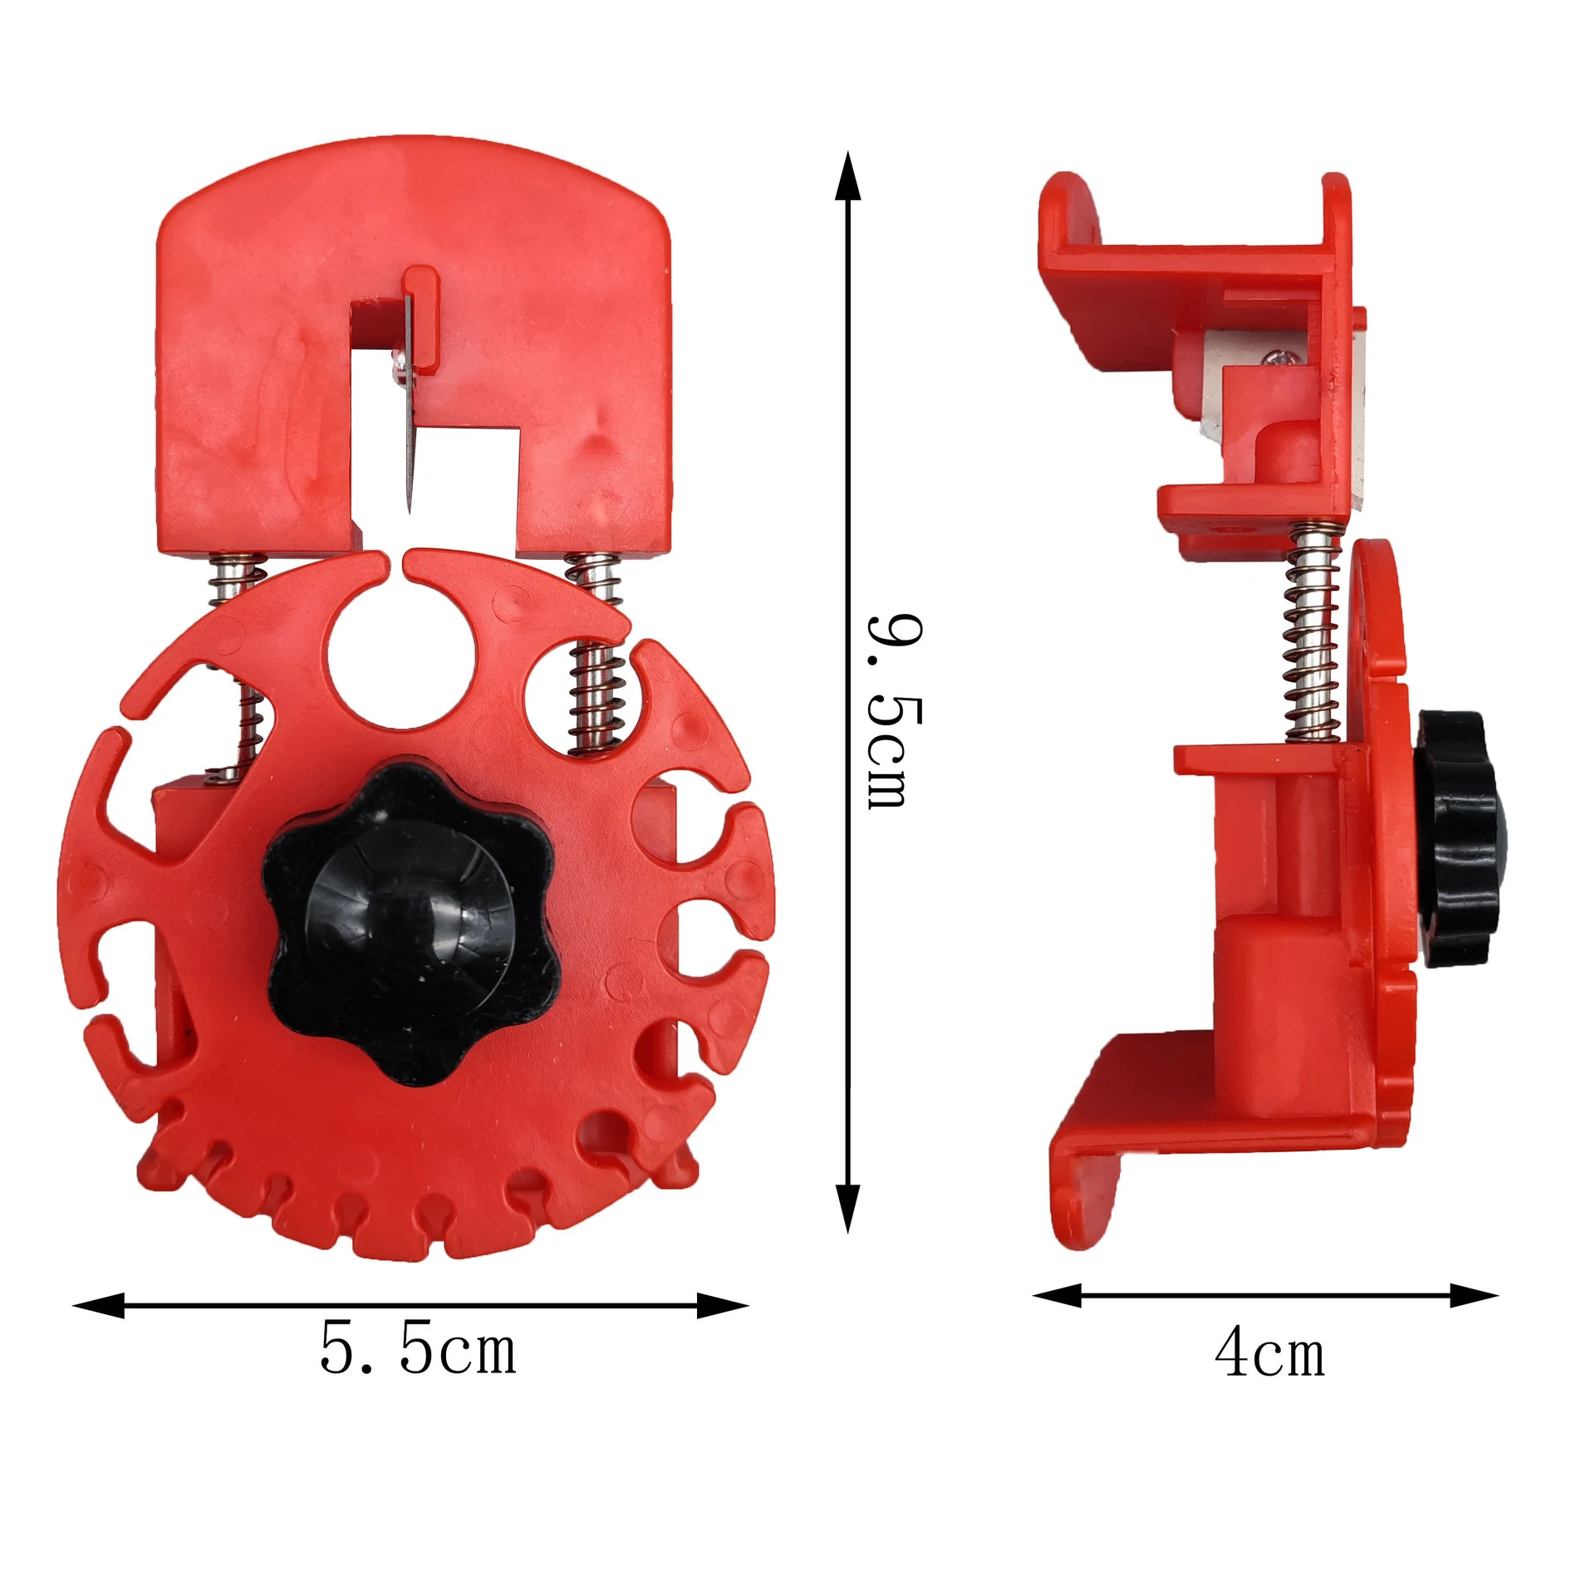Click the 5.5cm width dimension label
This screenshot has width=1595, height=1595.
pos(418,1352)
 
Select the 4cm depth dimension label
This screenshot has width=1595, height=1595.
pos(1269,1353)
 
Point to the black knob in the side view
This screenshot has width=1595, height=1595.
pos(1453,839)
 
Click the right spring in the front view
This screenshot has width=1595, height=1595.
pos(596,656)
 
